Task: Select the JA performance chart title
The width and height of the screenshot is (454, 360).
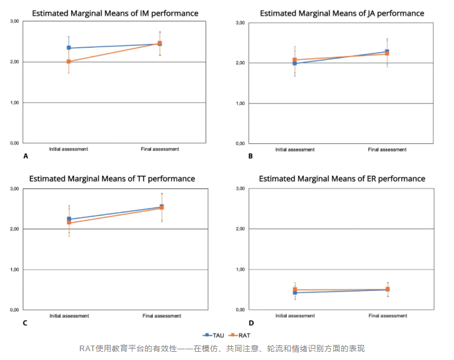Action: pyautogui.click(x=341, y=13)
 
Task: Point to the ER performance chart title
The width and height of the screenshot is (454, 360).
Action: pyautogui.click(x=342, y=178)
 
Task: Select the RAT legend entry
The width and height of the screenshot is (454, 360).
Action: pyautogui.click(x=241, y=335)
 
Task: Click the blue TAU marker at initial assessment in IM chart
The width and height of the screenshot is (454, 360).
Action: pyautogui.click(x=69, y=48)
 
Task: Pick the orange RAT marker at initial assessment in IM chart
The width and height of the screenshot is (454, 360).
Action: pyautogui.click(x=69, y=62)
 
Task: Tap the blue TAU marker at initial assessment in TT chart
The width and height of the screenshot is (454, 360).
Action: pyautogui.click(x=69, y=219)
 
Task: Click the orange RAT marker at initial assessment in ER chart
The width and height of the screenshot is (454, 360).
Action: pyautogui.click(x=295, y=290)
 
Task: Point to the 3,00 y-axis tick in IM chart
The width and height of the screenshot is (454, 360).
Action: pyautogui.click(x=13, y=21)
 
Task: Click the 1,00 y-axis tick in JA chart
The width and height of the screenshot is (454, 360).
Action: pyautogui.click(x=240, y=103)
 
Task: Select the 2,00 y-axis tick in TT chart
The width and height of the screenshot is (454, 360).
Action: pyautogui.click(x=13, y=229)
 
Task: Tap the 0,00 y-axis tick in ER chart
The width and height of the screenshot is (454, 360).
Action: pyautogui.click(x=240, y=310)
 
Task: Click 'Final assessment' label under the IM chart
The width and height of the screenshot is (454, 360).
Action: pyautogui.click(x=160, y=149)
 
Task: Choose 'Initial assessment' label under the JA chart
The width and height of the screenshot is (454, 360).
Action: pyautogui.click(x=295, y=150)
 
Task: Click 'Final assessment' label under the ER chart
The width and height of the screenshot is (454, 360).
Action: pyautogui.click(x=387, y=315)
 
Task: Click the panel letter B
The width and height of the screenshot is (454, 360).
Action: pyautogui.click(x=250, y=155)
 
